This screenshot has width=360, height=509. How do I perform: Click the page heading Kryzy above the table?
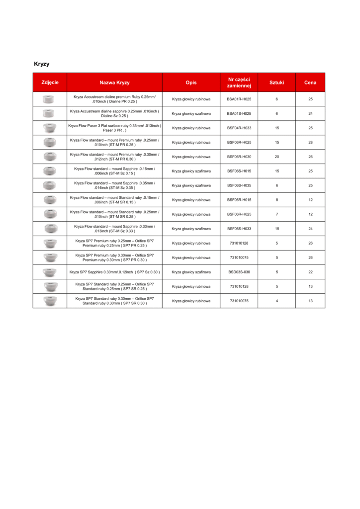coord(41,64)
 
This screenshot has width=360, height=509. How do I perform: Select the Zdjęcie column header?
coord(50,83)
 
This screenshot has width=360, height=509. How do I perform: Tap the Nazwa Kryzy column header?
coord(114,83)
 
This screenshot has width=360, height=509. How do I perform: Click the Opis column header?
coord(191,83)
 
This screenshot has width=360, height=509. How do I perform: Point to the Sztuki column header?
coord(276,83)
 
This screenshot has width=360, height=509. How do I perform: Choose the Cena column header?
coord(310,83)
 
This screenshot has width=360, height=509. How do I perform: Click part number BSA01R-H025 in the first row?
coord(239,99)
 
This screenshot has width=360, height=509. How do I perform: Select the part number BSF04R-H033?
coord(239,128)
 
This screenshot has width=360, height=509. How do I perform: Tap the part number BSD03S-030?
coord(239,272)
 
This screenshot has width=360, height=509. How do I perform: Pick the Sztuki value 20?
coord(277,157)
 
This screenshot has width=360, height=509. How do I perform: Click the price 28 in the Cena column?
coord(310,143)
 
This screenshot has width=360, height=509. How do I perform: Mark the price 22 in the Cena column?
coord(310,272)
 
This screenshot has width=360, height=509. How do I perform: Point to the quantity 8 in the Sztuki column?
coord(277,200)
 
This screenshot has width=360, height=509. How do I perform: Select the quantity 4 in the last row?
coord(277,301)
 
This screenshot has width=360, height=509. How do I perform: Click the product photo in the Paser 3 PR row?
coord(50,128)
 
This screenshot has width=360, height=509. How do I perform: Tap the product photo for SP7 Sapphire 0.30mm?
coord(50,272)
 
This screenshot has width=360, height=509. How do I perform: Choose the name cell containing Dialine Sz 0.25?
coord(114,114)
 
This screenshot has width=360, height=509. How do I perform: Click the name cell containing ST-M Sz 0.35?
coord(114,186)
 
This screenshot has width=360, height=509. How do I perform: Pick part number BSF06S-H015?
coord(239,171)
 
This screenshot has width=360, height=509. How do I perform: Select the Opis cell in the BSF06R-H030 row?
coord(191,157)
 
